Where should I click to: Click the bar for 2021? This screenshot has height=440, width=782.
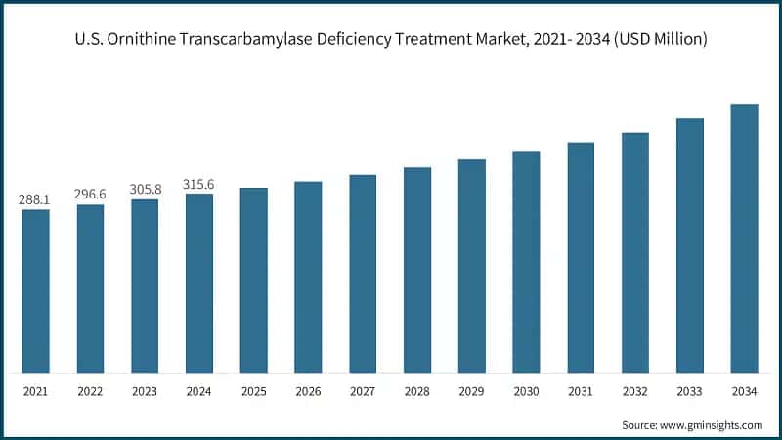click(35, 291)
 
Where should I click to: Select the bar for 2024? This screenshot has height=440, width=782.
click(199, 284)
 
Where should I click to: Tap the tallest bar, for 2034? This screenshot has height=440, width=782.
click(745, 239)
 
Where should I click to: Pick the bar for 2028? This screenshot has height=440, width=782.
click(417, 270)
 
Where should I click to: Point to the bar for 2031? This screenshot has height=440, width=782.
click(581, 258)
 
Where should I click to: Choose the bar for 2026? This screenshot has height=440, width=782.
click(308, 277)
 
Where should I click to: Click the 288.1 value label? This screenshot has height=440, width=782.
click(35, 199)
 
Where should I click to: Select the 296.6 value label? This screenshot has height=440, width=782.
click(90, 194)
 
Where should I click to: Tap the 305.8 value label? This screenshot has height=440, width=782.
click(145, 189)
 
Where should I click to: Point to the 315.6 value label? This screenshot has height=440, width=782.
click(199, 184)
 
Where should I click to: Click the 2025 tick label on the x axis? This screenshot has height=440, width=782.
click(253, 391)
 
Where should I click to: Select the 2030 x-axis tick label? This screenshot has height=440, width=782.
click(526, 391)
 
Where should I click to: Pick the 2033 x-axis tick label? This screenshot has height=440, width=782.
click(690, 391)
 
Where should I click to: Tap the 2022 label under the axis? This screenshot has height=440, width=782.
click(90, 391)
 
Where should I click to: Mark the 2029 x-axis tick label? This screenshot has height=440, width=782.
click(472, 391)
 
